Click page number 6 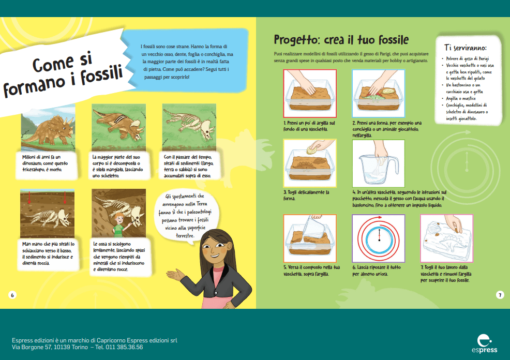coord(12,295)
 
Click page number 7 coord(500,295)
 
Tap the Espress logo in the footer coord(485,343)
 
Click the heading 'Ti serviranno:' coord(466,48)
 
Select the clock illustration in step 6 coord(379,238)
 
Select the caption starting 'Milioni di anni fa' coord(45,163)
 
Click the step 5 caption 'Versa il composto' coord(311,271)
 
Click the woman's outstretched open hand coord(175,275)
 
